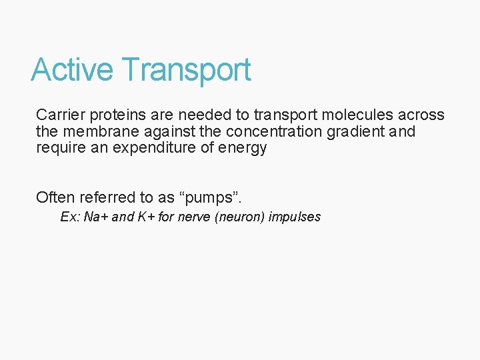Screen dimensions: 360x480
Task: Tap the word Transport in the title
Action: tap(187, 70)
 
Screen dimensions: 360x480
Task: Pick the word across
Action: tap(422, 115)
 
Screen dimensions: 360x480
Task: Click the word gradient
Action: tap(356, 131)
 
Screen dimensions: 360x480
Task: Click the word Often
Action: tap(55, 197)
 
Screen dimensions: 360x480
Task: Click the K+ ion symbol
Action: tap(146, 217)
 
